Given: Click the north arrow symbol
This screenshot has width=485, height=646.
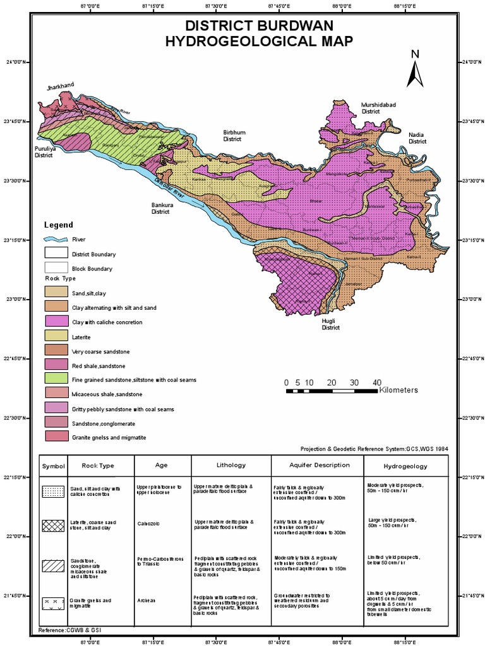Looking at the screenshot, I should (414, 70).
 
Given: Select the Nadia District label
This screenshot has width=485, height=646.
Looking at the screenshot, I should (417, 138).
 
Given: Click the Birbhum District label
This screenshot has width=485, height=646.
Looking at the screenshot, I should (232, 136).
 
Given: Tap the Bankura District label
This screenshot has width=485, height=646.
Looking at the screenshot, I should (160, 208).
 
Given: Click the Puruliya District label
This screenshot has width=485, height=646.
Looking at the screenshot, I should (44, 151).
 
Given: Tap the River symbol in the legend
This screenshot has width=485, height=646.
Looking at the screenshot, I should (54, 240).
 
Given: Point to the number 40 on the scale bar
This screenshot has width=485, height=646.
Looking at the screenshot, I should (377, 382).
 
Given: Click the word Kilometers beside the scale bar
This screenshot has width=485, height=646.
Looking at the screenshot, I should (398, 391).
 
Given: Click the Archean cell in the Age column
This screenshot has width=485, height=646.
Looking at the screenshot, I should (146, 601).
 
